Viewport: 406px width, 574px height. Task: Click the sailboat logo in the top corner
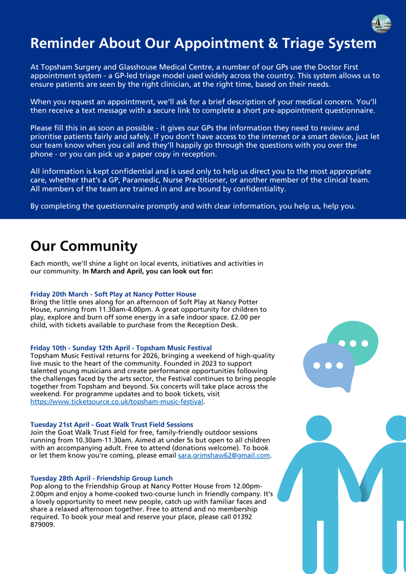[x=381, y=24]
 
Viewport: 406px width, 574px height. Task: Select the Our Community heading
[x=83, y=246]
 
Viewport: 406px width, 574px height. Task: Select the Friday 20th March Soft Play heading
[x=113, y=294]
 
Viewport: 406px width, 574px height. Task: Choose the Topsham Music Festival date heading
[x=121, y=348]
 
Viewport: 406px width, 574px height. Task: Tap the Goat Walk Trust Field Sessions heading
[x=111, y=425]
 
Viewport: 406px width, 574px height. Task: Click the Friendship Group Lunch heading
[x=101, y=478]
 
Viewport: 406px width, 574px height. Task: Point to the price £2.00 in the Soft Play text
[x=238, y=317]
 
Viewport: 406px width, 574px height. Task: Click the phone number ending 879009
[x=42, y=524]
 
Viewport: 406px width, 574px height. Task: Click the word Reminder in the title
[x=63, y=43]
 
